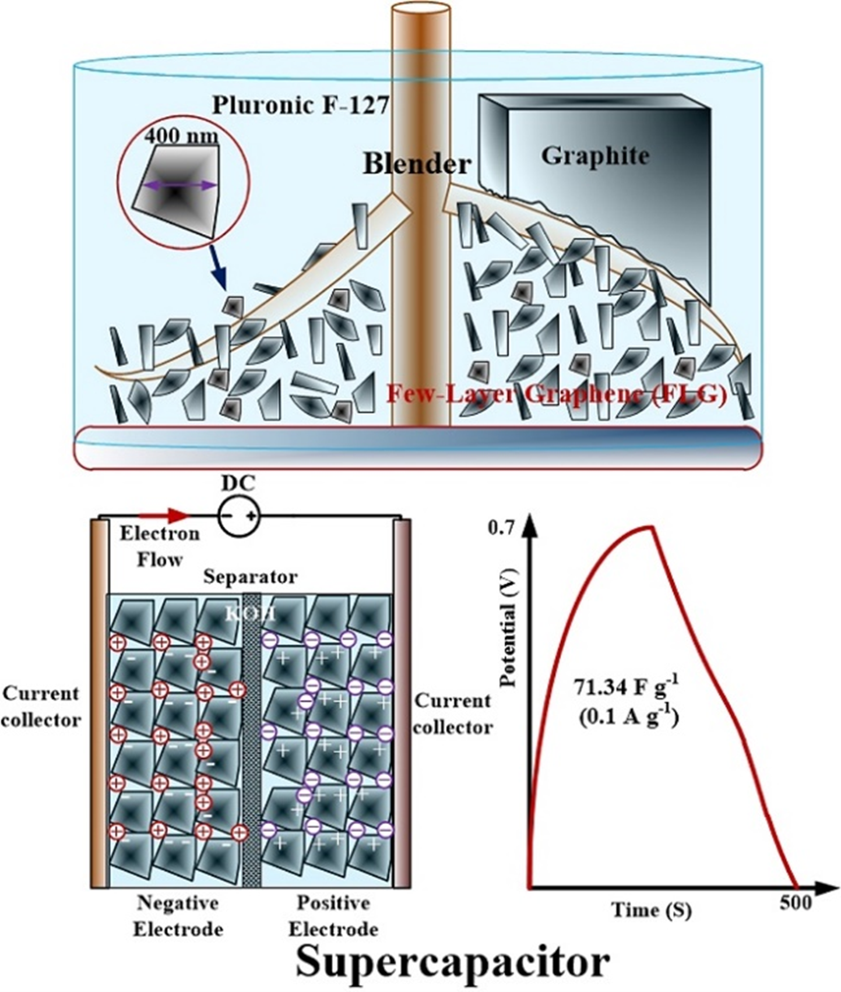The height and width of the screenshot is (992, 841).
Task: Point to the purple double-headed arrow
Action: [180, 185]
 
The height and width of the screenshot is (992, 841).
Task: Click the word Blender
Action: [417, 164]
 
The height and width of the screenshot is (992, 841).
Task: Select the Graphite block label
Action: [594, 156]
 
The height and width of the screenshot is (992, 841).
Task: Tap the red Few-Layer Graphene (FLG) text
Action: [557, 396]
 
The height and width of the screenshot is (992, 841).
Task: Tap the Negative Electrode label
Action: [178, 915]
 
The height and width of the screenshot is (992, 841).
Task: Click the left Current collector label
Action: [41, 707]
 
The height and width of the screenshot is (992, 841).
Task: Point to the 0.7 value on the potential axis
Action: [503, 528]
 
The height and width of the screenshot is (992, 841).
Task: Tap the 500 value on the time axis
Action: [795, 902]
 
